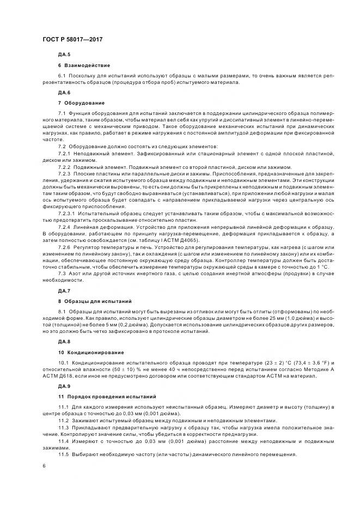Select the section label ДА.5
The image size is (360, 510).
coord(64,56)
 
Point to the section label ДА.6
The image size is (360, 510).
coord(64,93)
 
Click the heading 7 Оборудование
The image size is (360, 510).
coord(81,102)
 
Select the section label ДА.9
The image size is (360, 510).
coord(64,386)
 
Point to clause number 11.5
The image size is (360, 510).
coord(63,454)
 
